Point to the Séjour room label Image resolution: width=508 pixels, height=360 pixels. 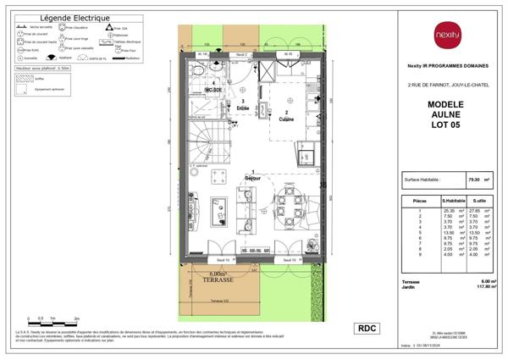[251, 177]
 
